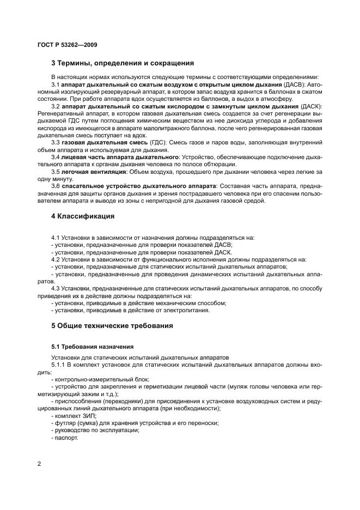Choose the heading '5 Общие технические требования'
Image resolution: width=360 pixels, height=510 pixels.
click(x=112, y=326)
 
